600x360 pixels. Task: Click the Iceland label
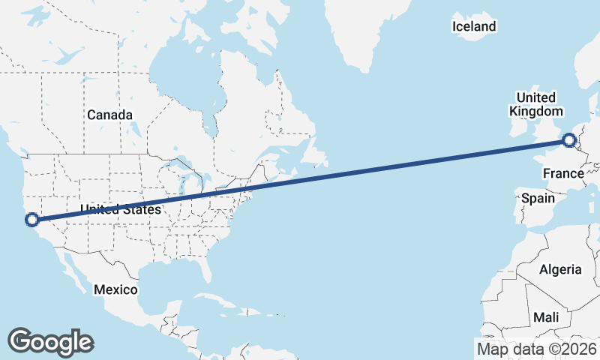(x=474, y=27)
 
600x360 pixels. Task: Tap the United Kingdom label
(x=536, y=104)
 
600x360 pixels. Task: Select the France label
(x=563, y=174)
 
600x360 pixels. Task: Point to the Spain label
(x=538, y=199)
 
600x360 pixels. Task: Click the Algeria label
(x=560, y=269)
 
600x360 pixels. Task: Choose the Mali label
(x=546, y=318)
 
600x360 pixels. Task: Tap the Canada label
(x=109, y=115)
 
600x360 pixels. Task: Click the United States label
(x=121, y=209)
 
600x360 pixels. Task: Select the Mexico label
(x=115, y=289)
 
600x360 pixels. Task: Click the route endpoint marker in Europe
(x=569, y=139)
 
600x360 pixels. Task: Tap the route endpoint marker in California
(x=31, y=220)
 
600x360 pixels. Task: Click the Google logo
(x=50, y=341)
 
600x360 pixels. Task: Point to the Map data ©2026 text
(x=537, y=349)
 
